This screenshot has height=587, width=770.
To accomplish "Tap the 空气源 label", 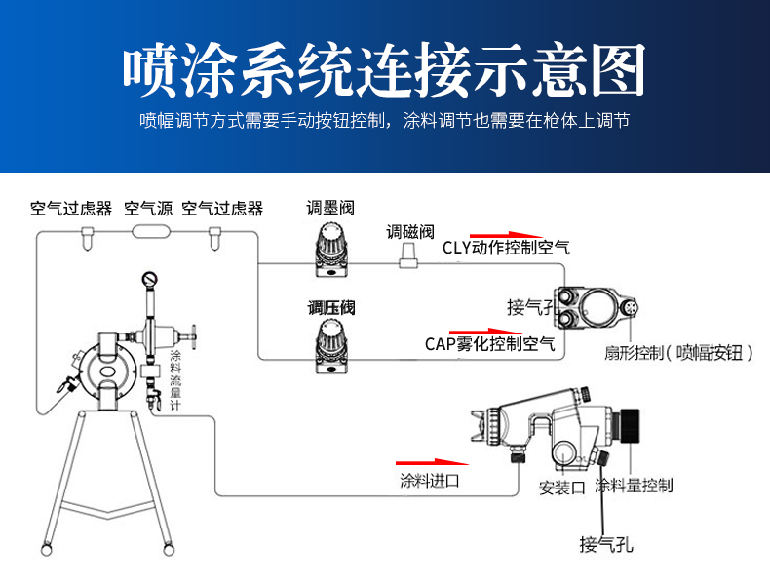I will (x=148, y=208).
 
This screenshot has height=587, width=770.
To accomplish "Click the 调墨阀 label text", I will (x=329, y=207).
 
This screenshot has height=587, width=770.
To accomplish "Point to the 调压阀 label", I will (x=331, y=308).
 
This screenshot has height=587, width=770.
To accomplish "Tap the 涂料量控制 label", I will (x=634, y=485).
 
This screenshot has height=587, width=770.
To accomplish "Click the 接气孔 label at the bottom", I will (x=605, y=544).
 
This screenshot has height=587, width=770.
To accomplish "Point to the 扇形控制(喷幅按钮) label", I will (x=678, y=352).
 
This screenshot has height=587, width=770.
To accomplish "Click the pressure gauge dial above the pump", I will (x=150, y=281).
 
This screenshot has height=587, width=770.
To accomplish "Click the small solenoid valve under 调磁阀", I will (x=408, y=255).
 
